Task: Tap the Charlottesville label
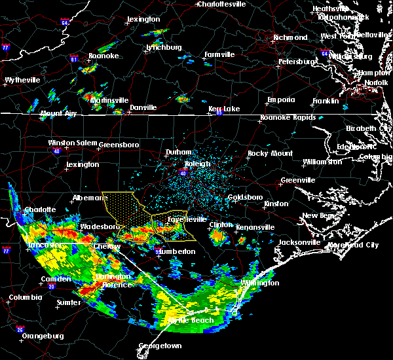tap(223, 4)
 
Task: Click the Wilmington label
tap(260, 283)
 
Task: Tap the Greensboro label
tap(119, 144)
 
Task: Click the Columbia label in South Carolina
tap(26, 297)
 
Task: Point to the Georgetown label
tap(160, 345)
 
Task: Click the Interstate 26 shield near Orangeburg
tap(20, 329)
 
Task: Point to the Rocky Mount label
tap(269, 153)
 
